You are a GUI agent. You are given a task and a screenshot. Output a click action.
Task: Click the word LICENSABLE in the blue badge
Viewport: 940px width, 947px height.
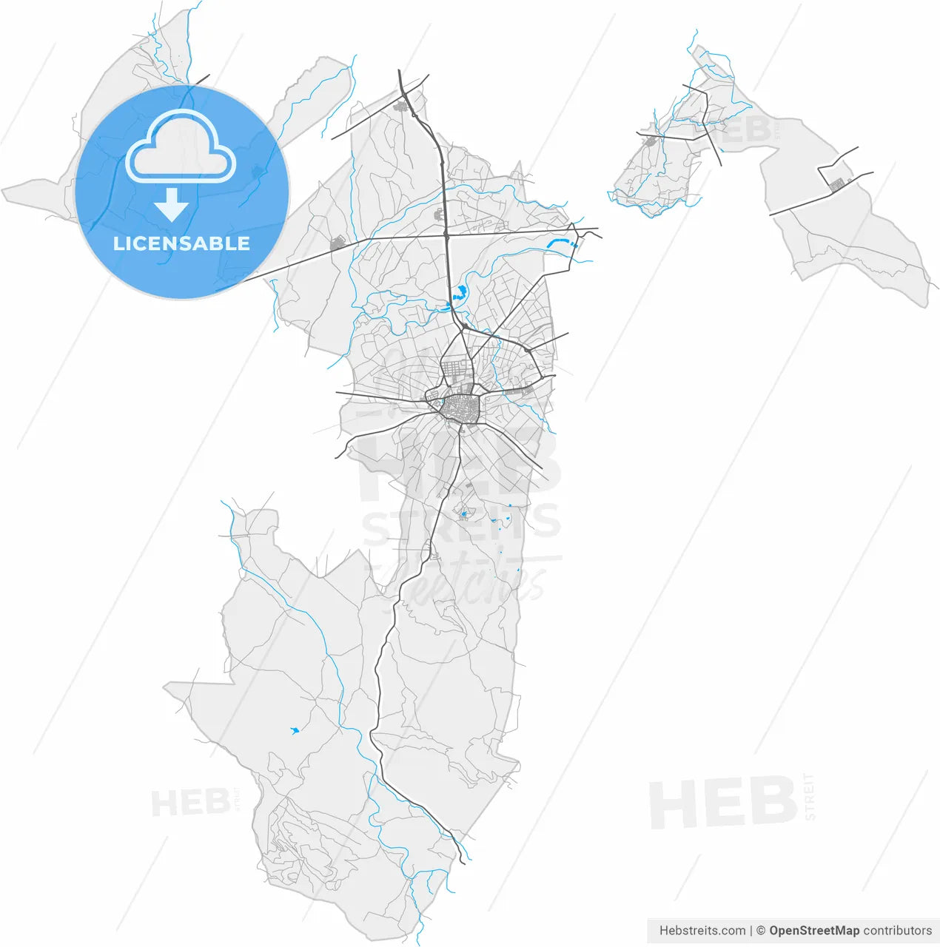(181, 243)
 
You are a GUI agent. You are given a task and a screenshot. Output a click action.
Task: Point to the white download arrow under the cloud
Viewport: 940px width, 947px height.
(172, 205)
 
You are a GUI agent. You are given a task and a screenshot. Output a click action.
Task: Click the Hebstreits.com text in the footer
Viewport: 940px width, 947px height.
(702, 931)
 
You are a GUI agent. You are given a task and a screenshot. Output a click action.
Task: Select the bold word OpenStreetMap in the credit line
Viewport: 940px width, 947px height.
(814, 931)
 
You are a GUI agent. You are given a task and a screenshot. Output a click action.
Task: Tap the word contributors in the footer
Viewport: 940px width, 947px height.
(898, 931)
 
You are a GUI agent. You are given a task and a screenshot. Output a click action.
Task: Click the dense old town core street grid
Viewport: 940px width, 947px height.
(460, 409)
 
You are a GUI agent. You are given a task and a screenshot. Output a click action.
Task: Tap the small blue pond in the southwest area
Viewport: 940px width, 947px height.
(294, 731)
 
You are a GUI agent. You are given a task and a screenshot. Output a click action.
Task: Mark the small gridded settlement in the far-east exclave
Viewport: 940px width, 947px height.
(836, 185)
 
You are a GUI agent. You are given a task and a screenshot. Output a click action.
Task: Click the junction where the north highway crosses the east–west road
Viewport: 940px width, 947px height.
(446, 235)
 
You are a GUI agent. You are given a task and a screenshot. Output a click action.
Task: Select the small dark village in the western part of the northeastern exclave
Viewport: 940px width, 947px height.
(650, 140)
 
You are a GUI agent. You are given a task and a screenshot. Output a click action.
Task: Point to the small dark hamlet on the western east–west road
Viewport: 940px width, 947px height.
(338, 242)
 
